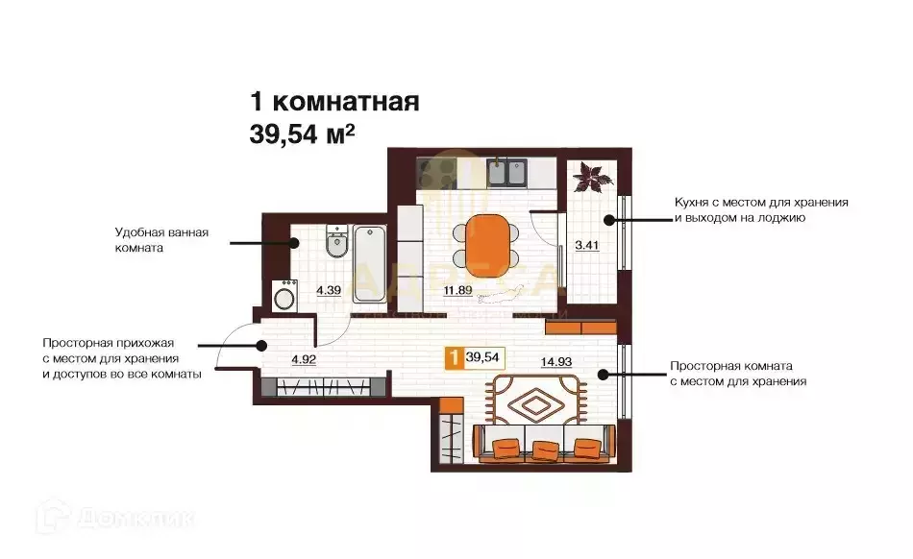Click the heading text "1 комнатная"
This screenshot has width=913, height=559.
point(333,101)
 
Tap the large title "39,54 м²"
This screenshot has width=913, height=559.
point(302,134)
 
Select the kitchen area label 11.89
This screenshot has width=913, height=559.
point(456,290)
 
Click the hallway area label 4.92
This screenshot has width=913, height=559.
point(303,362)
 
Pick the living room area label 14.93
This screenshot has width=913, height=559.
point(557,362)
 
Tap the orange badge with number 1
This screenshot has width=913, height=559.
point(452,357)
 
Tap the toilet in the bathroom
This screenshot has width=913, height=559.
point(335,244)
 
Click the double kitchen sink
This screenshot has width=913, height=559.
point(506,173)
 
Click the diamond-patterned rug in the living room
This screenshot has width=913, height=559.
point(535,401)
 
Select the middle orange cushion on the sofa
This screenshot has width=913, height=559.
point(545,449)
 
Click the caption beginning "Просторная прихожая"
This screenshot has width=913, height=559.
point(121,358)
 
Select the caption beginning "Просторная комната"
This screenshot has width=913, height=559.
point(737,374)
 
